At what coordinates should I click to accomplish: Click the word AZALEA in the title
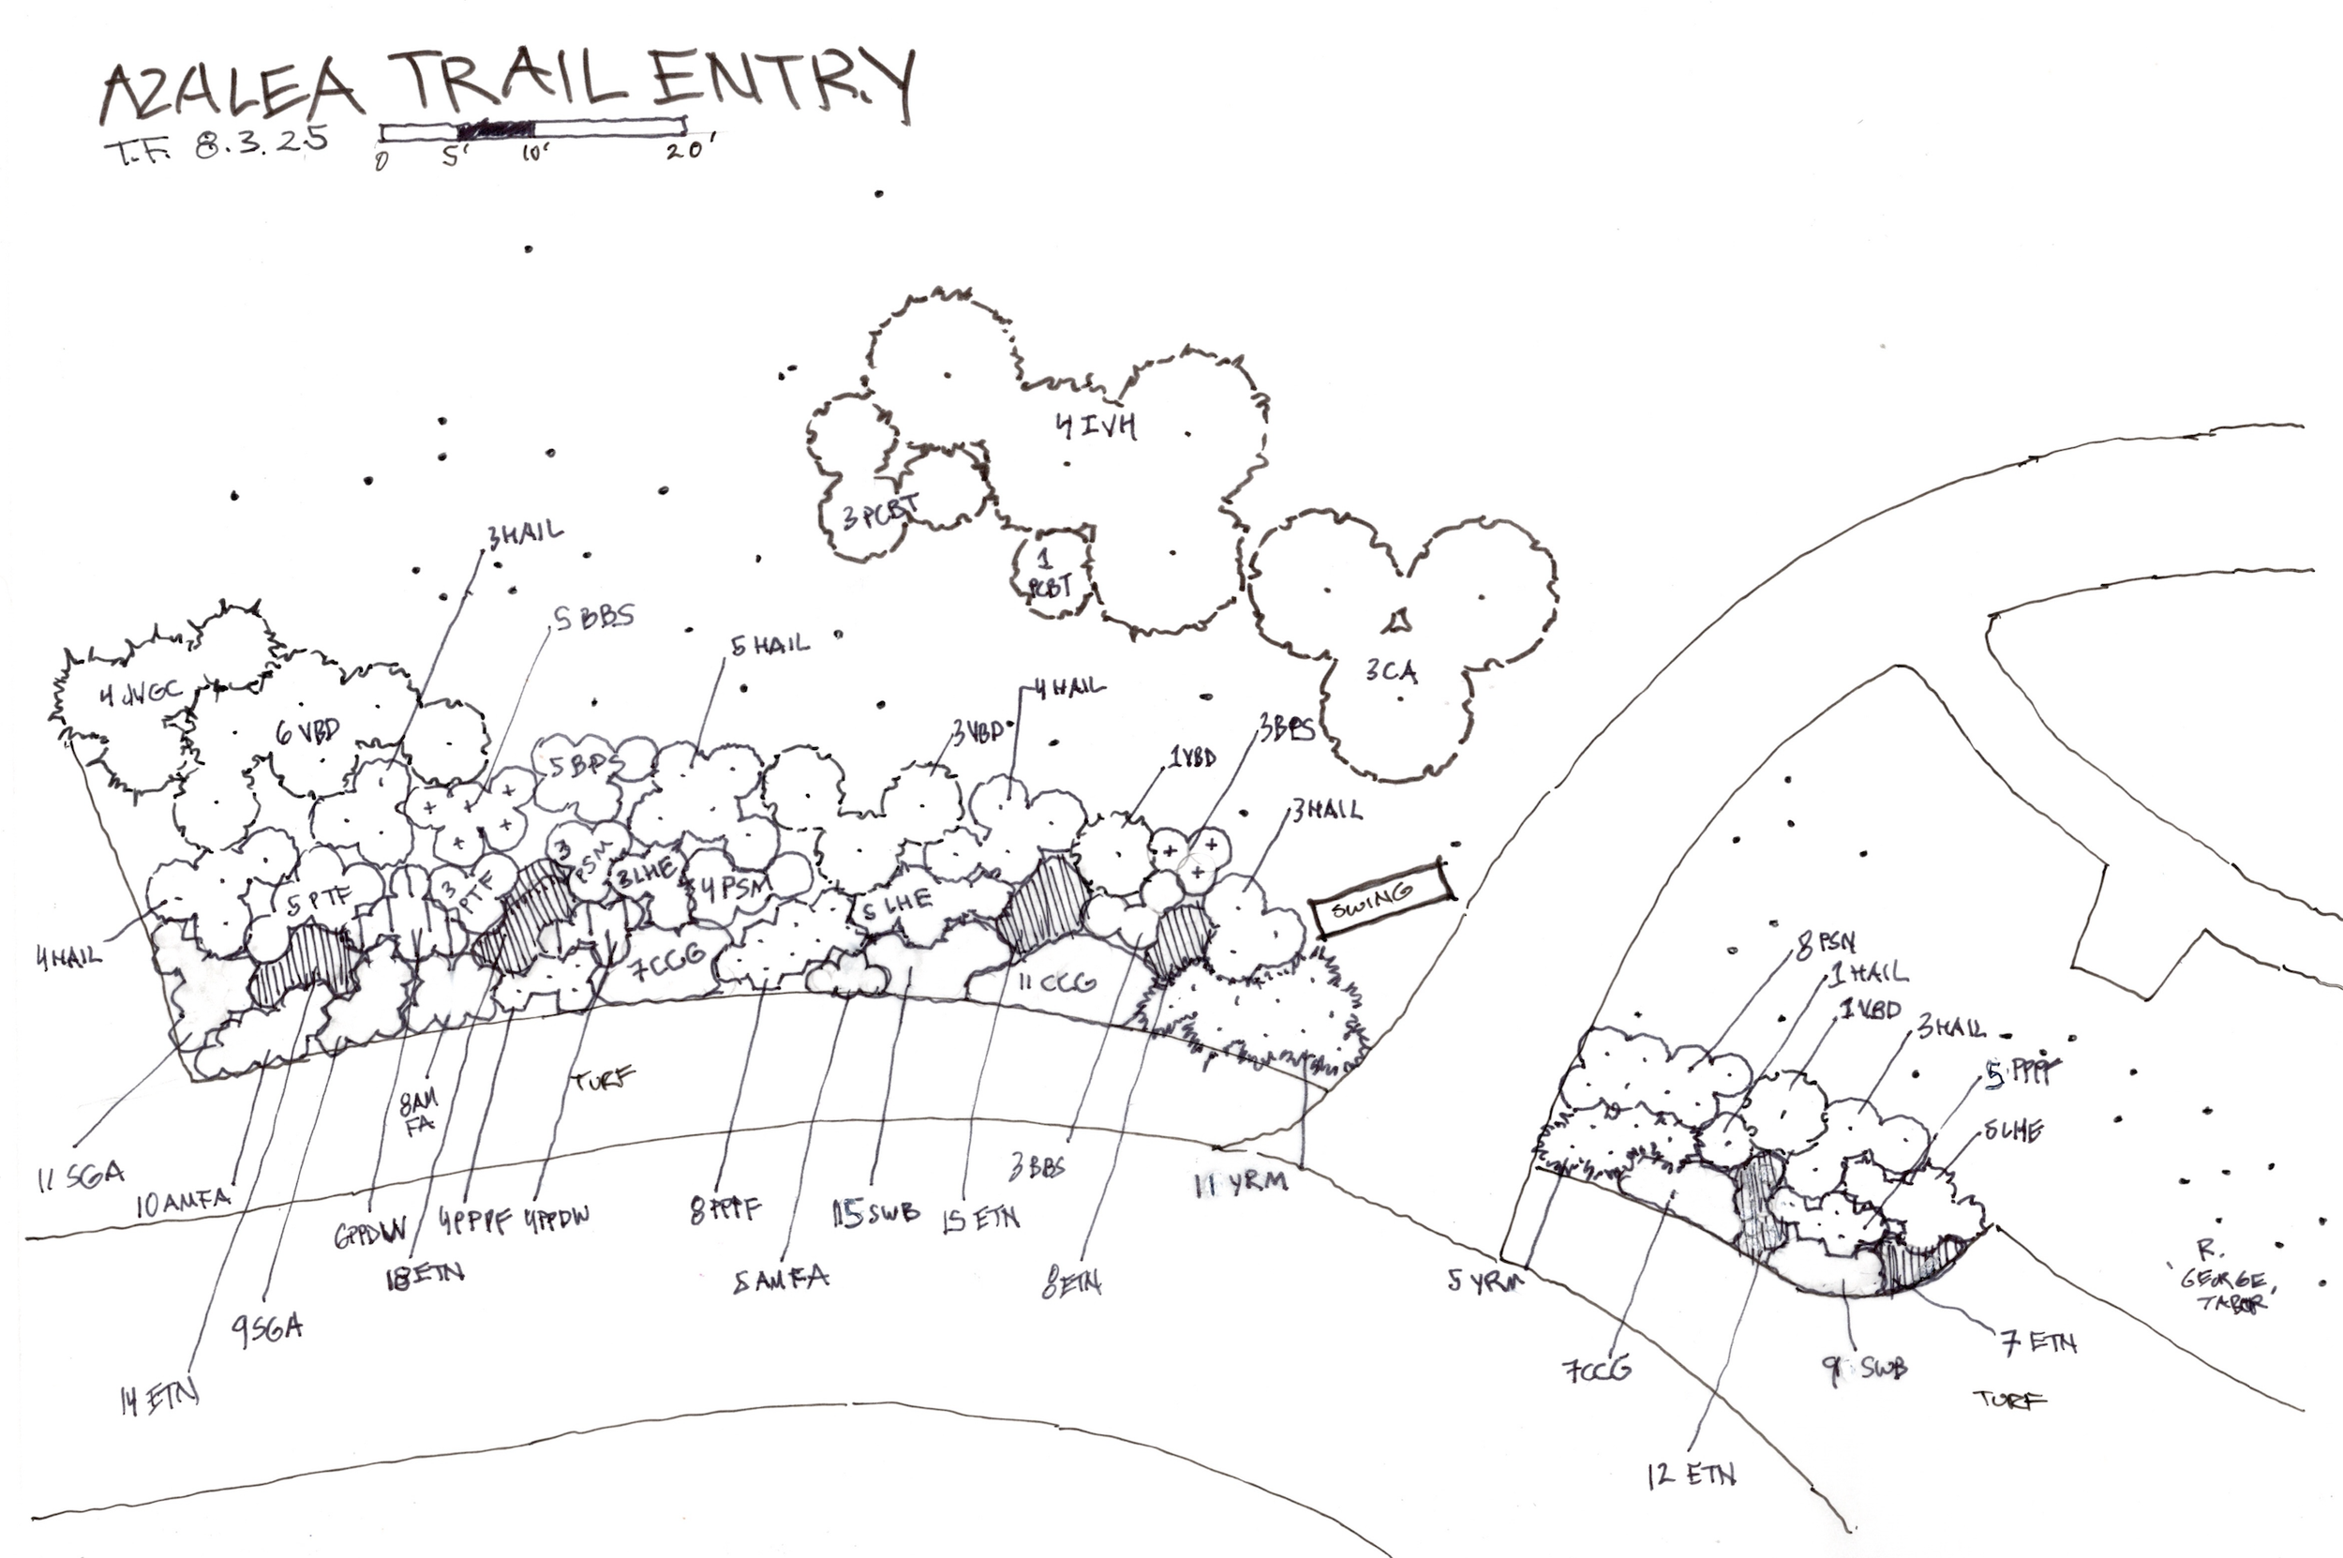point(231,92)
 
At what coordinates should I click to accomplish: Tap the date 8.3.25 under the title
point(261,144)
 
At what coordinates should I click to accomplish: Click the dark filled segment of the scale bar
point(495,128)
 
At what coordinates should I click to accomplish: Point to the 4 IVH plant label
point(1096,427)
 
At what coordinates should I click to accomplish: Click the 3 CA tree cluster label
point(1391,672)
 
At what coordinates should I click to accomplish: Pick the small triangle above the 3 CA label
point(1398,621)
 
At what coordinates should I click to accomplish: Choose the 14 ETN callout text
point(159,1399)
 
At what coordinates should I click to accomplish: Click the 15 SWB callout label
point(875,1214)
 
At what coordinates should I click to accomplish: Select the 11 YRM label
point(1241,1182)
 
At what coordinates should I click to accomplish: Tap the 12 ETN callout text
point(1691,1475)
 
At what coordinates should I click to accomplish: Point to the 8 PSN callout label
point(1825,942)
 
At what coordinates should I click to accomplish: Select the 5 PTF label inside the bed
point(319,901)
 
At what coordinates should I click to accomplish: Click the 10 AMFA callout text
point(183,1203)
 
